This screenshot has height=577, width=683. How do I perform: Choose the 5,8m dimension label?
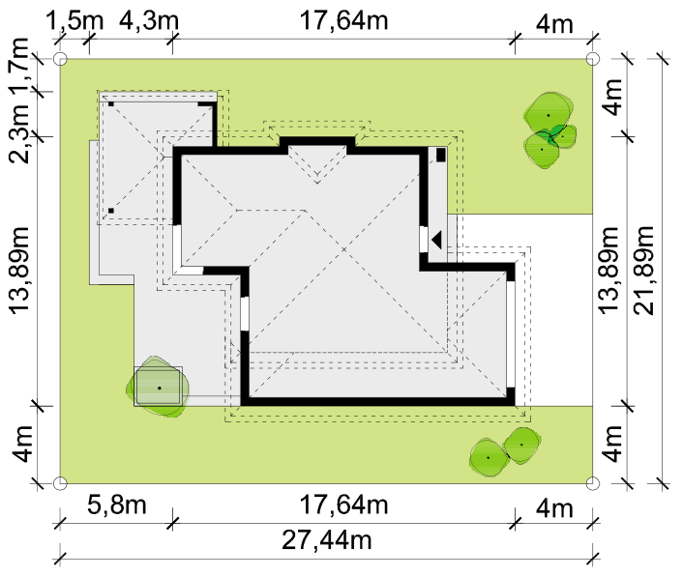[x=117, y=505]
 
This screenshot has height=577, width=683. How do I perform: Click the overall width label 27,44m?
[x=327, y=540]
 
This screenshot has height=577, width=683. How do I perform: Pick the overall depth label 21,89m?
[x=643, y=270]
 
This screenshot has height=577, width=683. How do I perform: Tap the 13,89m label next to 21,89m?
[x=609, y=270]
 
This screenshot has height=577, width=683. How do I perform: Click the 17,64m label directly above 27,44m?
[x=343, y=505]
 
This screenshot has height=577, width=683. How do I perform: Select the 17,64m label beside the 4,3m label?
[x=343, y=20]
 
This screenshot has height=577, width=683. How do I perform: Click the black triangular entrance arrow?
[x=437, y=240]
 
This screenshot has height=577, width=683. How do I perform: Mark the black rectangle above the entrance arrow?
[x=441, y=155]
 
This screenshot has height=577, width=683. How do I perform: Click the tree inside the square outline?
[x=158, y=387]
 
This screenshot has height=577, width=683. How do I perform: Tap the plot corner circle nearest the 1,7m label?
[x=60, y=59]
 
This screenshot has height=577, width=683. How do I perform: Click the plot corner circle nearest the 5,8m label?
[x=60, y=483]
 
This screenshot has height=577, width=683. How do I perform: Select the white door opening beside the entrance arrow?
[x=424, y=239]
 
